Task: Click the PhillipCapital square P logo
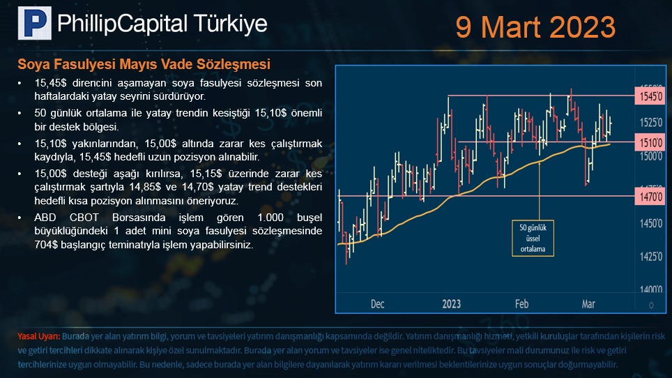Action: click(35, 23)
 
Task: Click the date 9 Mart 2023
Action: click(535, 27)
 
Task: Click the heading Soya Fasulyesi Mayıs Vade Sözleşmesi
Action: click(144, 64)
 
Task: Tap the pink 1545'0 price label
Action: click(650, 96)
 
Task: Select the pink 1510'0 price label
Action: click(650, 142)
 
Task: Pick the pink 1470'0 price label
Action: click(650, 197)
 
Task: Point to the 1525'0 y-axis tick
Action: click(651, 123)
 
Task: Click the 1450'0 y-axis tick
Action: click(651, 223)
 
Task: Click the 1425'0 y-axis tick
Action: click(651, 257)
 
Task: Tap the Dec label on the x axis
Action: click(377, 304)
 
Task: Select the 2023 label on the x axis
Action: click(451, 304)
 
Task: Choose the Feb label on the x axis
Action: click(521, 304)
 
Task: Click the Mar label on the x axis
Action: click(588, 304)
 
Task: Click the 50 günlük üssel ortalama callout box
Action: click(533, 239)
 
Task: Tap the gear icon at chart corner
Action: click(651, 305)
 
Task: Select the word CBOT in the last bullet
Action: click(84, 218)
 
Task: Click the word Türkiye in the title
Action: click(230, 24)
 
